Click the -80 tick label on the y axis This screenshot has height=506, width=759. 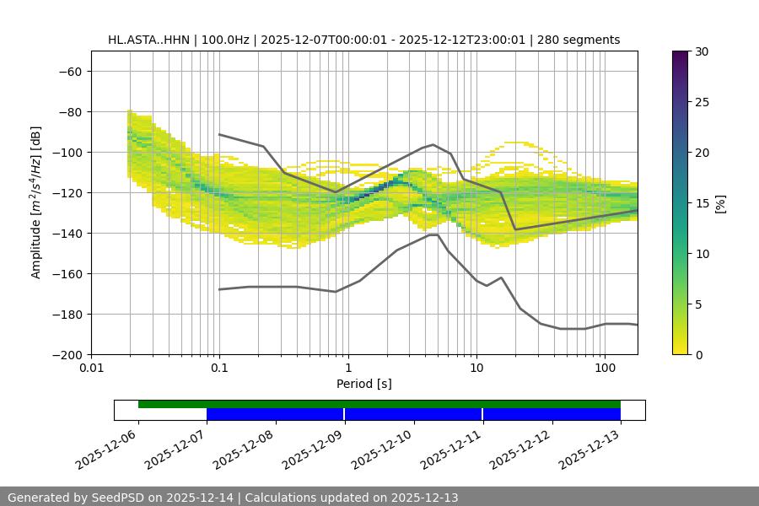tap(70, 112)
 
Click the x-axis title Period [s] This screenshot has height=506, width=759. tap(363, 385)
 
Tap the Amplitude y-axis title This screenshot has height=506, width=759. tap(36, 202)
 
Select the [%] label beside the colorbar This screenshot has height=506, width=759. tap(721, 203)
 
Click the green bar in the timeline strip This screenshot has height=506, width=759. tap(379, 404)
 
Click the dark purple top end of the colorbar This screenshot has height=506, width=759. tap(680, 55)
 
